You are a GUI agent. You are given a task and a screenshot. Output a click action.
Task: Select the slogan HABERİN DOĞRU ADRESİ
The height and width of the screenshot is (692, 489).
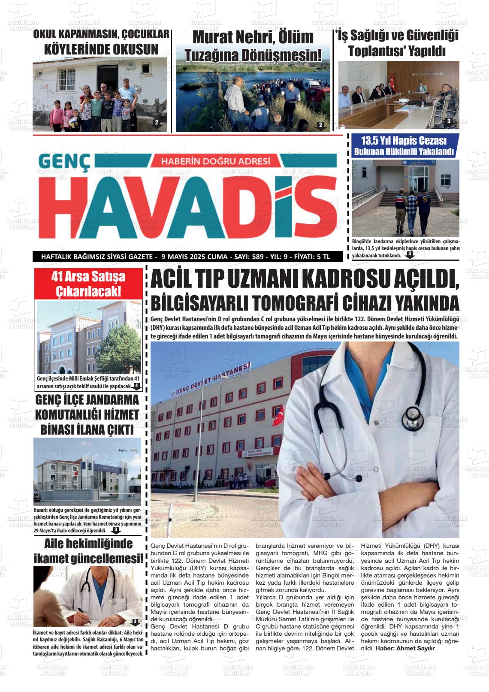click(215, 162)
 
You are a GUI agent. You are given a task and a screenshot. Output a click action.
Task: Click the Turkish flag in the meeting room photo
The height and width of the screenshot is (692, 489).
click(392, 81)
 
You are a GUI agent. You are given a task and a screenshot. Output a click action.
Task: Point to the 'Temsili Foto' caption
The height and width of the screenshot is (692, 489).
click(128, 450)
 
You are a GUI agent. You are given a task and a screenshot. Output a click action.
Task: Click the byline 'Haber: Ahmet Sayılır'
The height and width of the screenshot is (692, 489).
click(405, 648)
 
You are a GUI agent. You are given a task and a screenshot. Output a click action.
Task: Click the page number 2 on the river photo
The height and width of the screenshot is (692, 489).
click(320, 125)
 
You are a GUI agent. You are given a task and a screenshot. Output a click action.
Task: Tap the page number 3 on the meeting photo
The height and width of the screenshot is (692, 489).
click(449, 121)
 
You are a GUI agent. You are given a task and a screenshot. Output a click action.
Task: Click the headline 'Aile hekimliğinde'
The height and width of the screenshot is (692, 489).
click(88, 544)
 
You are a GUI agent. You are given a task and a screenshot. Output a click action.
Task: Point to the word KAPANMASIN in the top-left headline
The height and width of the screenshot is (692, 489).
click(86, 34)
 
